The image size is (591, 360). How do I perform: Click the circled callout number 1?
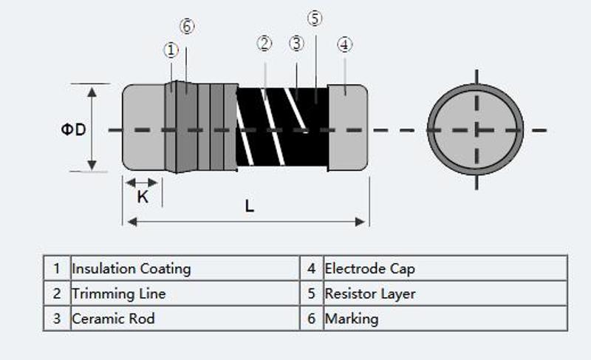(x=171, y=50)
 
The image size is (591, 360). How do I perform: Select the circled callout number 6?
(x=187, y=27)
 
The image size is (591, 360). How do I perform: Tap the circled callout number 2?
(x=264, y=44)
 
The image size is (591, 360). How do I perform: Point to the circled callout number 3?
(x=296, y=44)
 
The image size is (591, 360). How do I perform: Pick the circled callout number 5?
(x=315, y=18)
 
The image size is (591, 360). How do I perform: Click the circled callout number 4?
(x=345, y=44)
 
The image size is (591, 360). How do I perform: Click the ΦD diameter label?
(x=73, y=129)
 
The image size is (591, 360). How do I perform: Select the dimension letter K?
(x=143, y=197)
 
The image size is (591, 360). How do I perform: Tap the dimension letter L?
(x=250, y=206)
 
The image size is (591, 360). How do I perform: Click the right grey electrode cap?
(x=348, y=127)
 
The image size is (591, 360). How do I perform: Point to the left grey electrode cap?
(x=143, y=127)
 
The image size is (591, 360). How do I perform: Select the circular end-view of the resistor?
(x=476, y=129)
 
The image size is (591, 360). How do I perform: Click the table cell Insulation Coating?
(x=131, y=268)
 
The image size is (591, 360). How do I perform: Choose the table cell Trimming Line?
(x=119, y=293)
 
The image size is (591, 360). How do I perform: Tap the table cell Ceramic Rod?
(x=113, y=319)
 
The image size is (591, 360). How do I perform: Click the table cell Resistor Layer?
(x=370, y=293)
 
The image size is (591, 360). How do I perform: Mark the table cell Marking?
(x=352, y=319)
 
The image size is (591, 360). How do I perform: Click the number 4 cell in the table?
(x=311, y=268)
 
